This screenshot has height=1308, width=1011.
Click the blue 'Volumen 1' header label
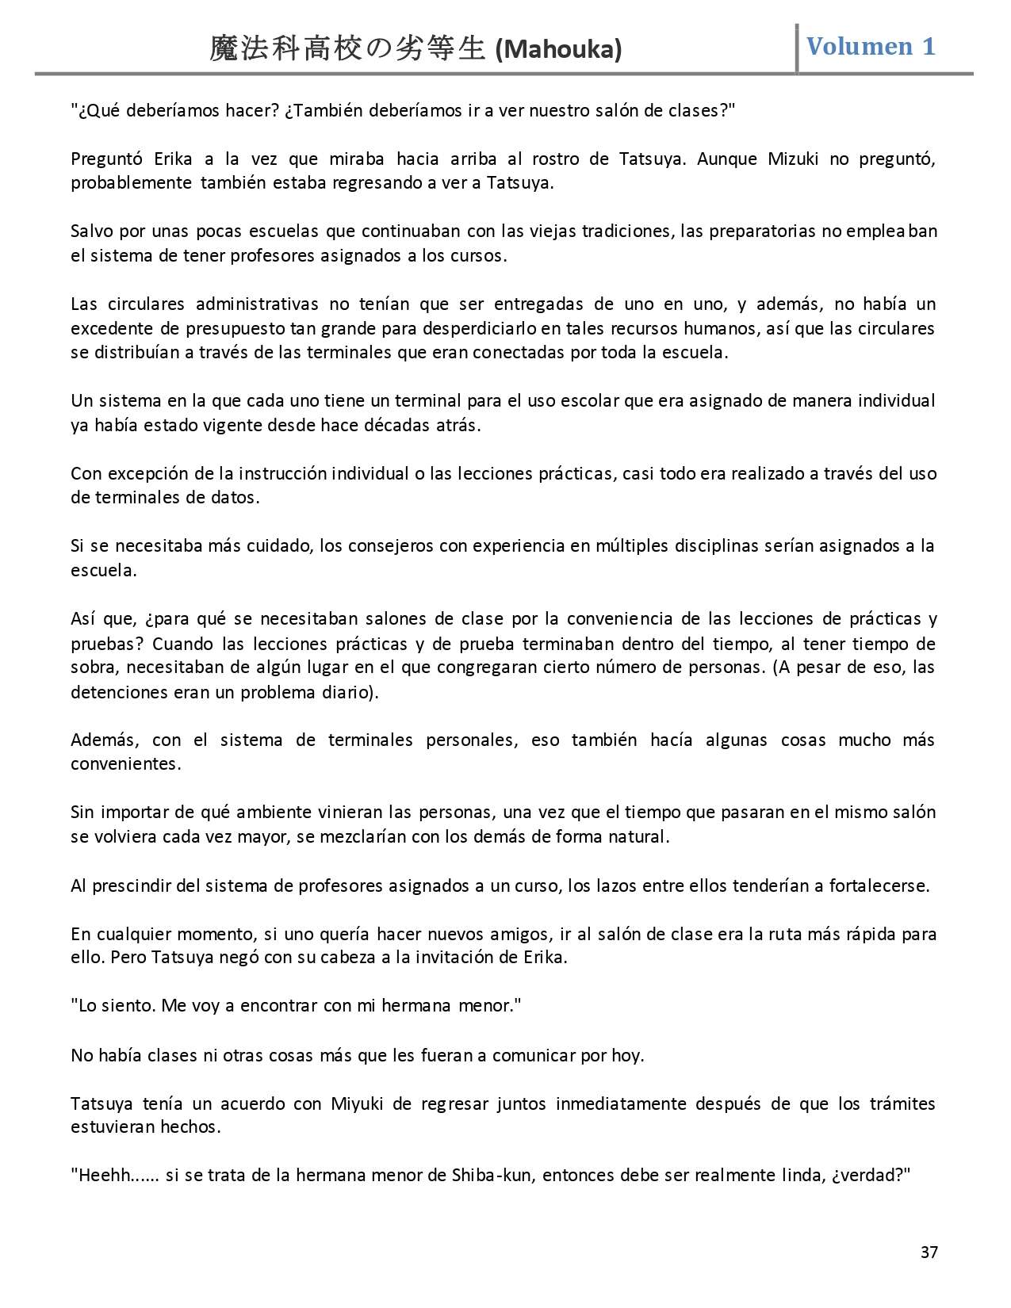tap(871, 46)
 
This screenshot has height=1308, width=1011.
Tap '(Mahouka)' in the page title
tap(557, 50)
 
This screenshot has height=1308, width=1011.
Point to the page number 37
tap(929, 1253)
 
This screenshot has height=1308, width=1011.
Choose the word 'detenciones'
tap(119, 691)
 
